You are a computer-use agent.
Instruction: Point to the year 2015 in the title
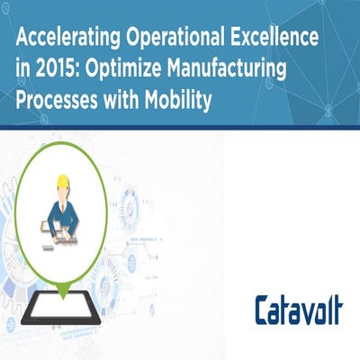coord(58,72)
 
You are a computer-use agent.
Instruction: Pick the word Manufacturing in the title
coord(231,72)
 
